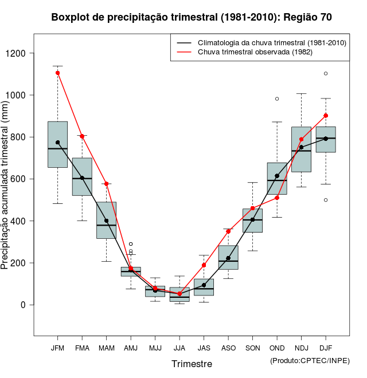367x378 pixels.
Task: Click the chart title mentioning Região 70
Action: click(x=191, y=17)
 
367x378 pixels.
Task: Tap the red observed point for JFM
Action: click(x=58, y=73)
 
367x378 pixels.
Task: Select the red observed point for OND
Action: click(x=277, y=198)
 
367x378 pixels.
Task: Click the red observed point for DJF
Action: click(x=326, y=116)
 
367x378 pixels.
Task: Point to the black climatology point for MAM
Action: click(x=106, y=220)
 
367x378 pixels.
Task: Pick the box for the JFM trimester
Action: click(x=57, y=144)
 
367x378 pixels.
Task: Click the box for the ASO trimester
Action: click(x=228, y=257)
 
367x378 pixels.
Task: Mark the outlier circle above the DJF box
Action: click(x=326, y=73)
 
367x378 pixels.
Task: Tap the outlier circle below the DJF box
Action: click(x=326, y=200)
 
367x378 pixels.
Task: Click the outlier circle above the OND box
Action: click(x=277, y=99)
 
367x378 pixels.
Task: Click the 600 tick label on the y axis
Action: click(x=22, y=179)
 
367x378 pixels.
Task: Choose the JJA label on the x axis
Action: click(x=179, y=348)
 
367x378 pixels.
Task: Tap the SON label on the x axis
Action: click(x=252, y=348)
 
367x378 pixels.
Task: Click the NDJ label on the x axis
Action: click(x=301, y=348)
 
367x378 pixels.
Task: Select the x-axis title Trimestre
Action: click(x=192, y=364)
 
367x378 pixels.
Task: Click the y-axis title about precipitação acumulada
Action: click(x=6, y=184)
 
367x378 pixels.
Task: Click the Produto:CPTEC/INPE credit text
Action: click(x=309, y=360)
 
